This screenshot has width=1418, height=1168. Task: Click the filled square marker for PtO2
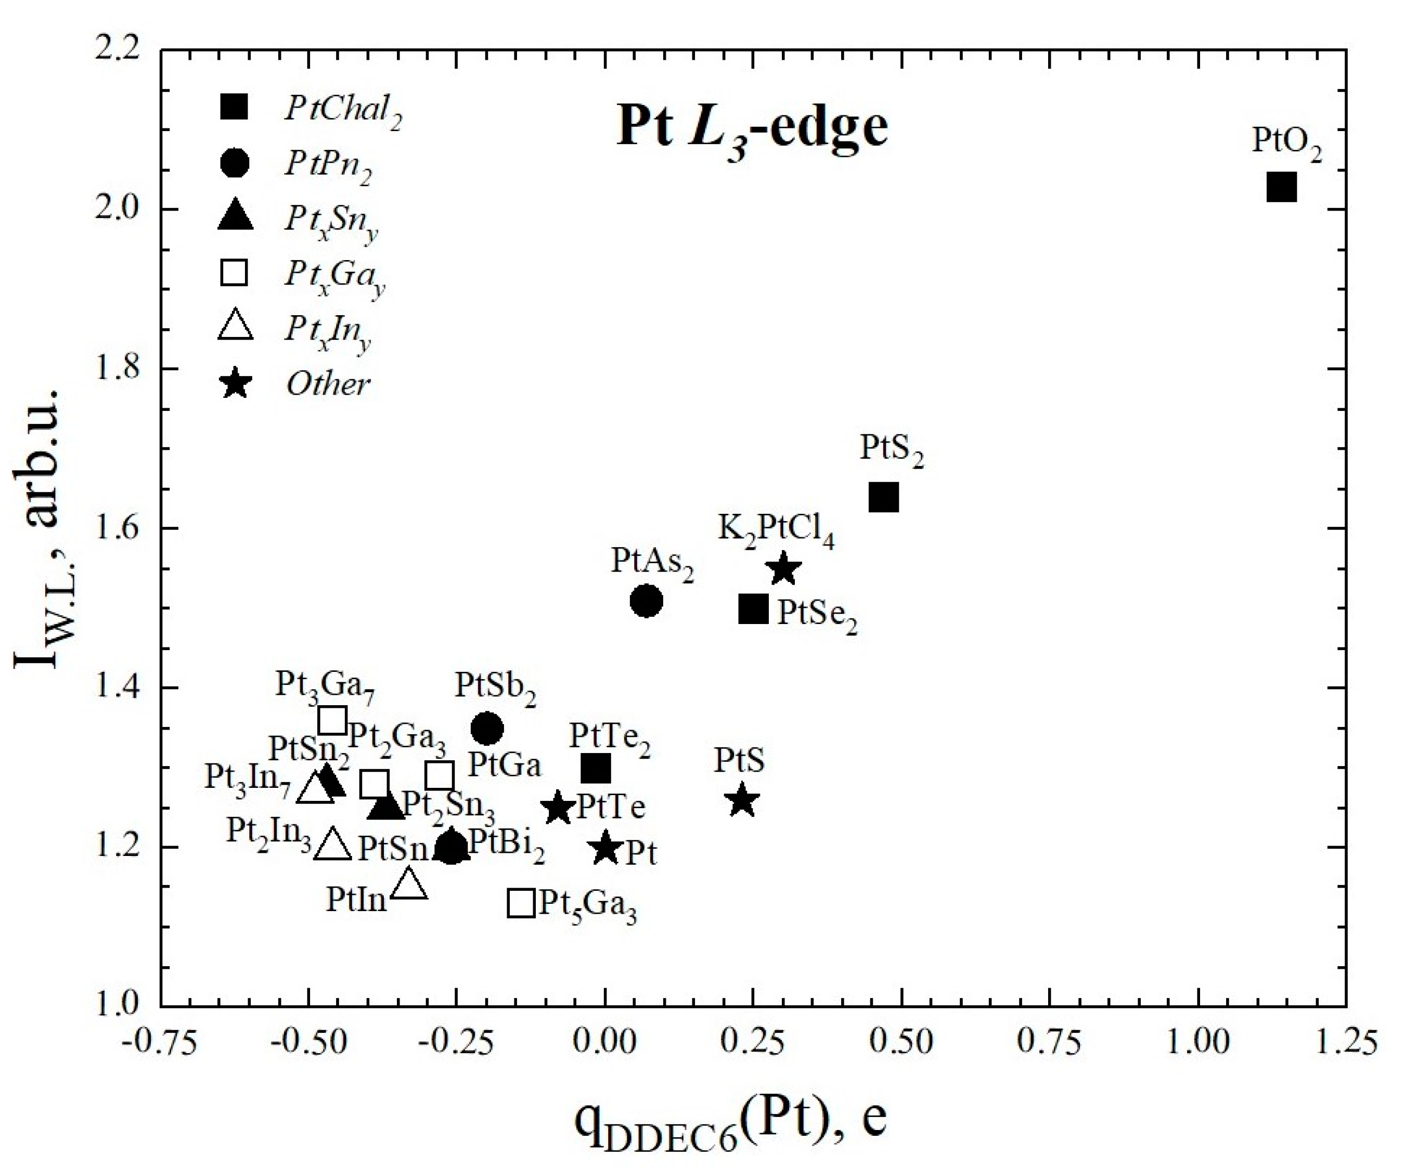click(1281, 188)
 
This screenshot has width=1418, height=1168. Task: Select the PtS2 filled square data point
click(884, 498)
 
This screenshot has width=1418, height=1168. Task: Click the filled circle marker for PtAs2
click(646, 601)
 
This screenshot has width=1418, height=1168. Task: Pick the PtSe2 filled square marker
click(753, 609)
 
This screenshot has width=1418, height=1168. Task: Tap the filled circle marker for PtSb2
click(487, 728)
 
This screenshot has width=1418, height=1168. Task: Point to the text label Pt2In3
click(268, 834)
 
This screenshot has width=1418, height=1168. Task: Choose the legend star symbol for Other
click(236, 385)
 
